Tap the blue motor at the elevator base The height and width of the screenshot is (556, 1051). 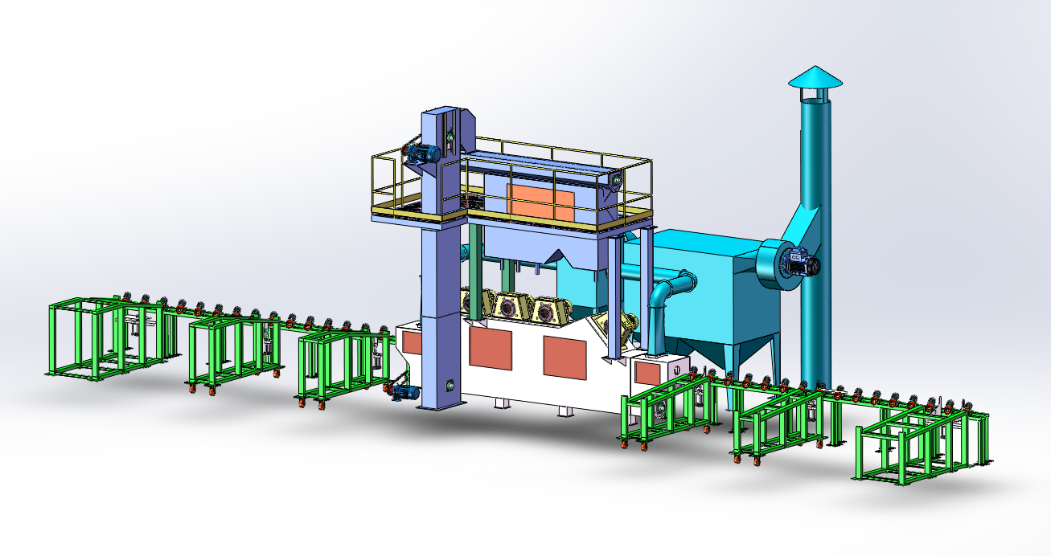(404, 391)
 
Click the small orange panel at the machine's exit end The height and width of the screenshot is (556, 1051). (647, 372)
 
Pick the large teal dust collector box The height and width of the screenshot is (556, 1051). (708, 289)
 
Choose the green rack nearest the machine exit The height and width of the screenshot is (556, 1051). (667, 410)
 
